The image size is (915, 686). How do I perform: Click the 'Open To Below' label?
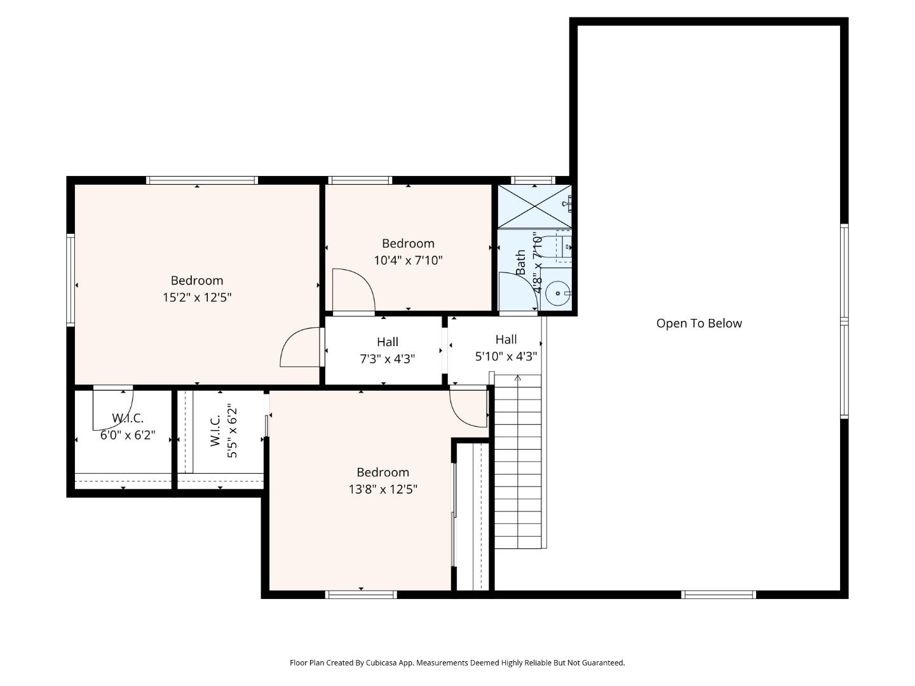tap(699, 323)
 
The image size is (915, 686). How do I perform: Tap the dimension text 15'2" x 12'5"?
tap(197, 297)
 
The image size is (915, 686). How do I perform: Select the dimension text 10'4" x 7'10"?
tap(408, 260)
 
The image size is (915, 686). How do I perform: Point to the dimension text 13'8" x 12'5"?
tap(383, 489)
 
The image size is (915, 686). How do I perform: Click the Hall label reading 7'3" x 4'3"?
tap(388, 359)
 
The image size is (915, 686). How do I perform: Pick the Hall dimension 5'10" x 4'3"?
tap(506, 356)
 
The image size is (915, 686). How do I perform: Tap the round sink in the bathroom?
tap(558, 293)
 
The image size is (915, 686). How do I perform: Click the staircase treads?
tap(518, 464)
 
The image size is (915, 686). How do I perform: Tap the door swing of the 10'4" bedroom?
tap(352, 291)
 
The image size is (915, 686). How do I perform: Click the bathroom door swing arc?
tap(516, 292)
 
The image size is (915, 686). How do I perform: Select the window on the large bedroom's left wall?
tap(71, 280)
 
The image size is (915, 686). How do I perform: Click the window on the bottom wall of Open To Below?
tap(718, 595)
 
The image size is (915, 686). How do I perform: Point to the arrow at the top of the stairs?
tap(518, 379)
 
